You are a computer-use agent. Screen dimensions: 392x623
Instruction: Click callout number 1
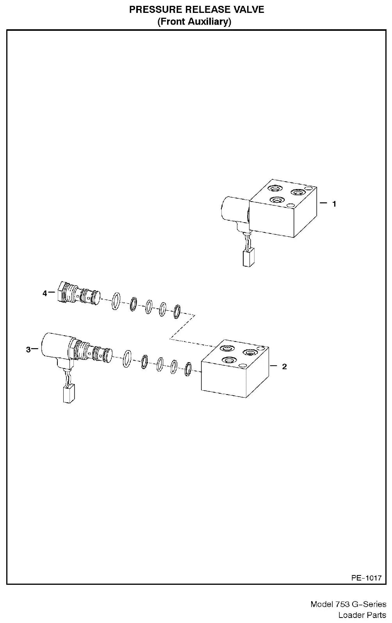point(334,204)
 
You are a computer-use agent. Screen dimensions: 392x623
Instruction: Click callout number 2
point(284,366)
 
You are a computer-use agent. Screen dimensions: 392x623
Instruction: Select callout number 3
point(28,350)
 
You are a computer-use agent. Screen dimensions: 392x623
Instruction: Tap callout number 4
point(45,293)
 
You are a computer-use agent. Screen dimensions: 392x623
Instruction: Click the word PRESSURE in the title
point(155,10)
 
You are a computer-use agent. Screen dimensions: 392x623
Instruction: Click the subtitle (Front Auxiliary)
point(194,22)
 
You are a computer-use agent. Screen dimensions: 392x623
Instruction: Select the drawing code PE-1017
point(366,578)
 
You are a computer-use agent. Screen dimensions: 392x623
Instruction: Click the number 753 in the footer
point(341,604)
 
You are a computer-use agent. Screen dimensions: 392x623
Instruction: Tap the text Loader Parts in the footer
point(362,615)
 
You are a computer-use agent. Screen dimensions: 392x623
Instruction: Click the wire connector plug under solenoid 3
point(69,393)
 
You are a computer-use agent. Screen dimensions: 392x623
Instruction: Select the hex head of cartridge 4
point(61,291)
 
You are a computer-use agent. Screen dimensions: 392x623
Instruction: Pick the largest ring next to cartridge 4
point(116,301)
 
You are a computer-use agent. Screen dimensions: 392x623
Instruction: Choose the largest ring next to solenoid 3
point(127,359)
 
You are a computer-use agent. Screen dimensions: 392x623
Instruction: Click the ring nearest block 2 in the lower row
point(188,369)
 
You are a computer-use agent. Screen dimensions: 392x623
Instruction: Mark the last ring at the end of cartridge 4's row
point(176,311)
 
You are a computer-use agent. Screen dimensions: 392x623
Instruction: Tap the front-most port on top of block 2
point(229,361)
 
